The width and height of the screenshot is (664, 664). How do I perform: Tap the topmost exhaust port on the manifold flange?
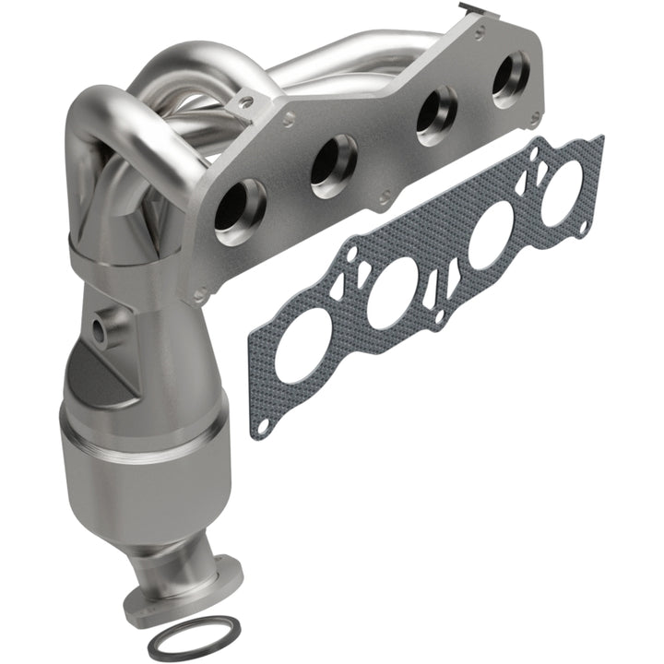click(510, 78)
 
